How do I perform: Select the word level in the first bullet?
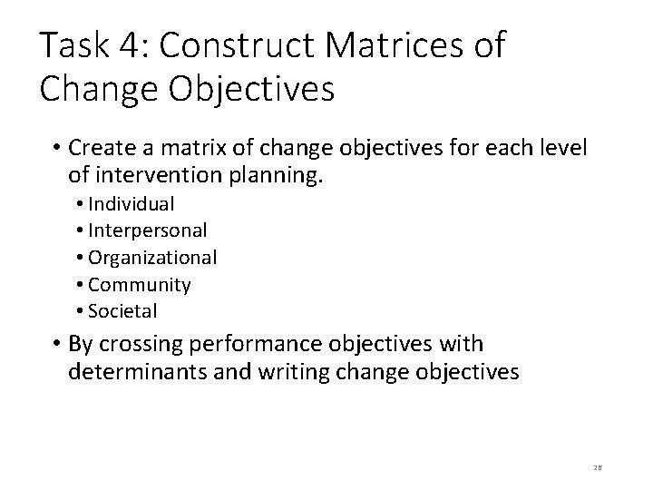tap(564, 147)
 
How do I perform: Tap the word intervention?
tap(151, 173)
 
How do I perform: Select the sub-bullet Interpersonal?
tap(148, 231)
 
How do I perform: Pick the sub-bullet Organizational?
tap(152, 258)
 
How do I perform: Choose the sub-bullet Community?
tap(140, 285)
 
